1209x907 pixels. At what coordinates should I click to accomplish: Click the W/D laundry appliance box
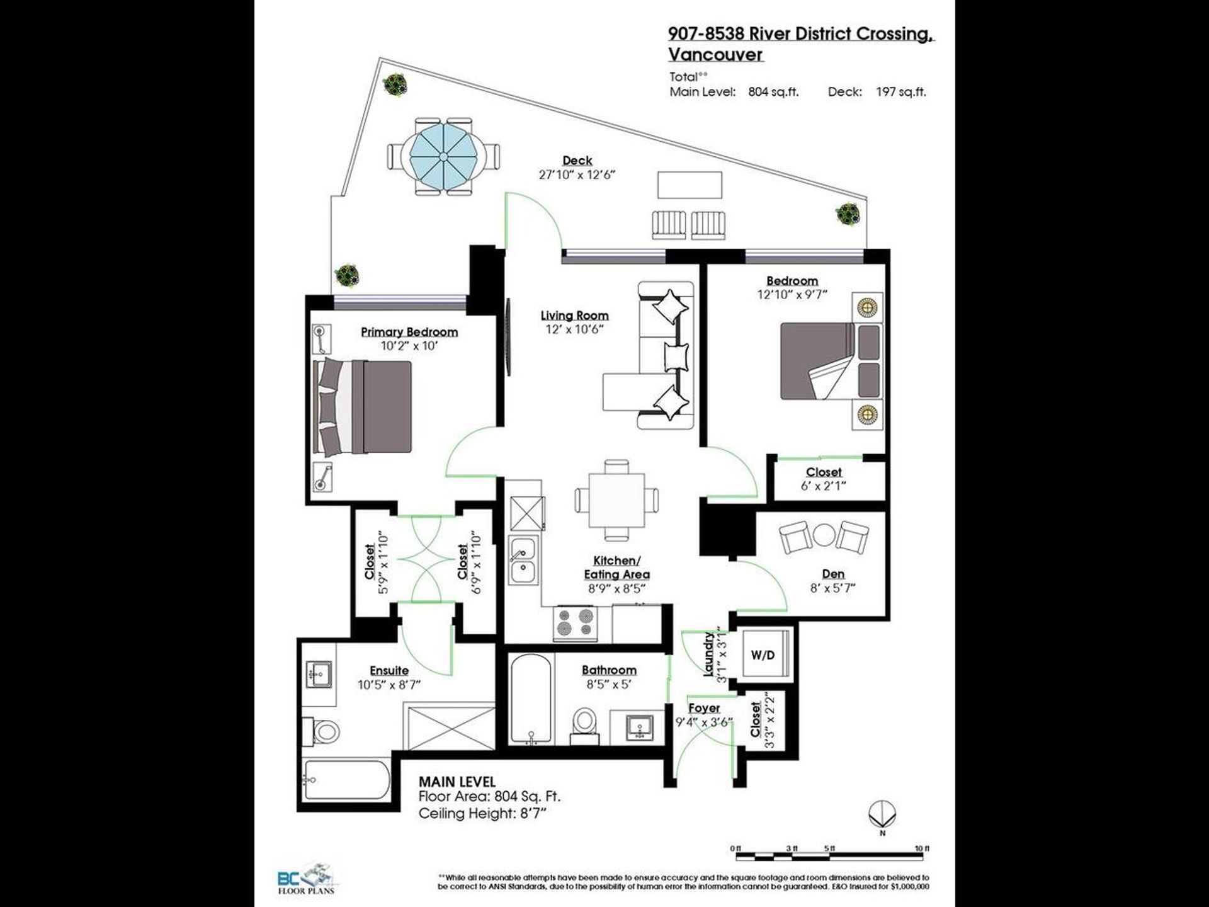(763, 655)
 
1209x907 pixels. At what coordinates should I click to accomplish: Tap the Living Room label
(574, 316)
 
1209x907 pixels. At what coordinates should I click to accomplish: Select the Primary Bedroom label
(409, 332)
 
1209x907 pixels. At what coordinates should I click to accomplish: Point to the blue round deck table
(443, 156)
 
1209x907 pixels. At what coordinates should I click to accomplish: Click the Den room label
(833, 574)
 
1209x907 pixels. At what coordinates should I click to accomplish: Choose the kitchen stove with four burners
(574, 622)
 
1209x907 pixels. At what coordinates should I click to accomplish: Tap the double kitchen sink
(523, 560)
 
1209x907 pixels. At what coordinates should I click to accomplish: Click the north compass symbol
(882, 816)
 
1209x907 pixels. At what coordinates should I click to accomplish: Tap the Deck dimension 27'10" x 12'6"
(576, 174)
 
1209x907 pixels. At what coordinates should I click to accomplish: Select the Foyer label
(704, 708)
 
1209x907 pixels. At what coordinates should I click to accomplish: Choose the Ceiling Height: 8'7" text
(482, 813)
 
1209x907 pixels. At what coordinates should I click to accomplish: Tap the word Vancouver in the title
(715, 55)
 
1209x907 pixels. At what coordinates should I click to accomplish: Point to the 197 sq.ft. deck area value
(901, 92)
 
